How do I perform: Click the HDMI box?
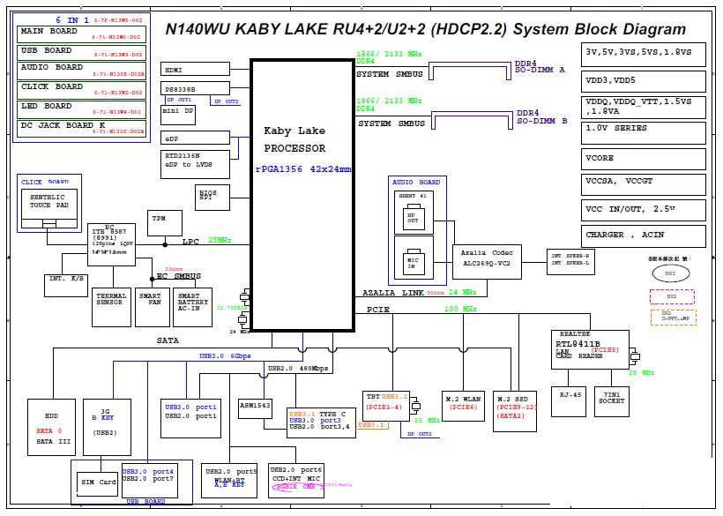tap(184, 69)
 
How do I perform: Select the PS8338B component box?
tap(184, 89)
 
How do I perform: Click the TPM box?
tap(160, 223)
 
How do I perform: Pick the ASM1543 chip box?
tap(256, 408)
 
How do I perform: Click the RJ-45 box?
tap(569, 401)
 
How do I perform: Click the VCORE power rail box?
tap(644, 159)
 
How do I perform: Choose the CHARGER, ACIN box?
tap(644, 236)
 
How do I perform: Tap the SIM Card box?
tap(99, 482)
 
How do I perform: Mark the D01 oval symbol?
tap(670, 274)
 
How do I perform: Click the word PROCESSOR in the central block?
tap(294, 149)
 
